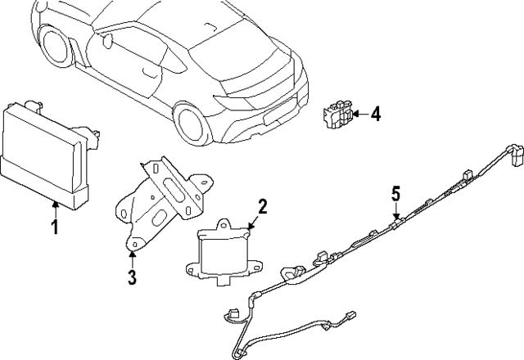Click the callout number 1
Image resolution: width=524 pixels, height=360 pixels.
(55, 227)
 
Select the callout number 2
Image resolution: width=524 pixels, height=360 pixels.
(263, 206)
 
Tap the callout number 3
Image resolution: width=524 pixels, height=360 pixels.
(131, 277)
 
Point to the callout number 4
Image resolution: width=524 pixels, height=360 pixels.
(375, 115)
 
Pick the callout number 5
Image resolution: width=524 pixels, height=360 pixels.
(395, 195)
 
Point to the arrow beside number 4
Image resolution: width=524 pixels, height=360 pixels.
(359, 115)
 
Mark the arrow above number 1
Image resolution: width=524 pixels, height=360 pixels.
(55, 206)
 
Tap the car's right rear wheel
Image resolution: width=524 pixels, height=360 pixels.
(191, 124)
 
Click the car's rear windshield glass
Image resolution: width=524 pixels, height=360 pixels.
(237, 41)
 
